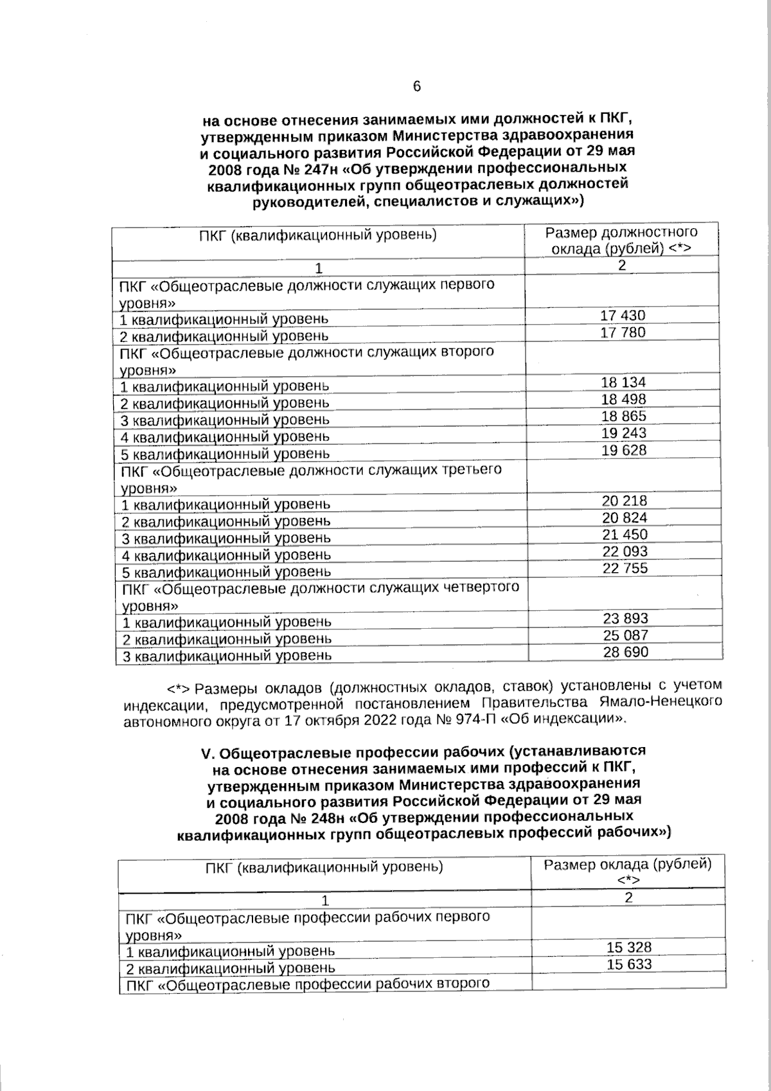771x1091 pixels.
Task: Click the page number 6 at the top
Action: (x=416, y=87)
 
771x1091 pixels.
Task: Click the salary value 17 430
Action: (x=623, y=316)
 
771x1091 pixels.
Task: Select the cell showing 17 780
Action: (x=623, y=332)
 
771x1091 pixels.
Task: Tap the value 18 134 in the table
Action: (x=623, y=383)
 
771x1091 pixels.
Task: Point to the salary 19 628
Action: (x=624, y=450)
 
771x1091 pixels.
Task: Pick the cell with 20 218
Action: (x=625, y=501)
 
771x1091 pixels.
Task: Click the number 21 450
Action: (x=625, y=535)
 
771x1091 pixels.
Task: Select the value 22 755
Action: (x=625, y=568)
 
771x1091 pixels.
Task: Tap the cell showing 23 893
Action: (x=626, y=618)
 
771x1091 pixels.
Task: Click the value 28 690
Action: (x=626, y=652)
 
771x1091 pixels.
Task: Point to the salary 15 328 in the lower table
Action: (x=629, y=948)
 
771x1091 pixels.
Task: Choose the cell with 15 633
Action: (x=629, y=964)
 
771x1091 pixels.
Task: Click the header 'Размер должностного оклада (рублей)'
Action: (x=621, y=240)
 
